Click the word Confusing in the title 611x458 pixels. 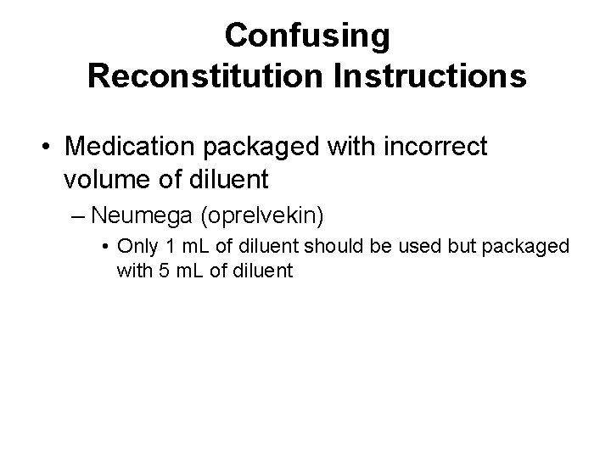[x=307, y=36]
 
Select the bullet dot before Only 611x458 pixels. [x=102, y=248]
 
